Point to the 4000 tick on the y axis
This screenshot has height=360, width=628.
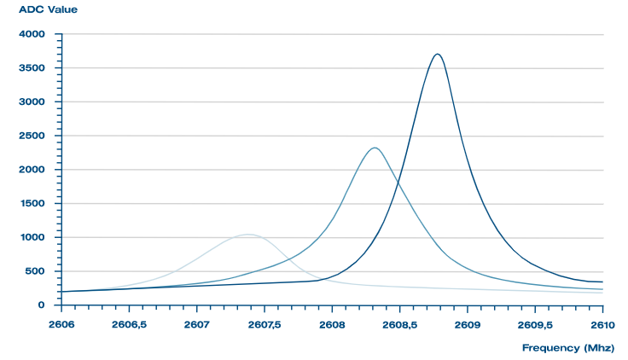pyautogui.click(x=32, y=34)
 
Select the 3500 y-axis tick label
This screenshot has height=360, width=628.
pyautogui.click(x=32, y=68)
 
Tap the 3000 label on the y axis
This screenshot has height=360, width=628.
pyautogui.click(x=32, y=102)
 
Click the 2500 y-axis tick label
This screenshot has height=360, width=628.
pyautogui.click(x=32, y=136)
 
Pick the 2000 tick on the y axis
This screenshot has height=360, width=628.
pyautogui.click(x=32, y=170)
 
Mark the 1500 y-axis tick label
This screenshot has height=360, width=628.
pyautogui.click(x=32, y=204)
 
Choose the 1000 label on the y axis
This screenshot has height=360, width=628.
pyautogui.click(x=32, y=237)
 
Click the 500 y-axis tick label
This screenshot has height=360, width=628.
pyautogui.click(x=35, y=271)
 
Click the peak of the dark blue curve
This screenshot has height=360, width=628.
pyautogui.click(x=438, y=55)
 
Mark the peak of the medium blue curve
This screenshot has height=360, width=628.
pyautogui.click(x=375, y=148)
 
